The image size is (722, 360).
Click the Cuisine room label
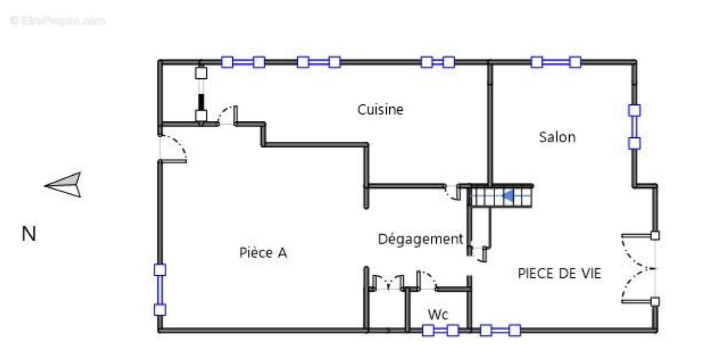pyautogui.click(x=380, y=110)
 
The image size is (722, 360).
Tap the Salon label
pyautogui.click(x=557, y=137)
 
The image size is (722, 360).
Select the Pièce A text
pyautogui.click(x=263, y=253)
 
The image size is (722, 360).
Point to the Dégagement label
pyautogui.click(x=420, y=240)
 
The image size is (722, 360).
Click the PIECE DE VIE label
pyautogui.click(x=560, y=273)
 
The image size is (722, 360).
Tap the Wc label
pyautogui.click(x=438, y=314)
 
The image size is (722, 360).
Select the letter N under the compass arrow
pyautogui.click(x=29, y=234)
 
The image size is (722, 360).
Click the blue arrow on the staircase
pyautogui.click(x=508, y=196)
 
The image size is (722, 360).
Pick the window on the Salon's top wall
pyautogui.click(x=556, y=61)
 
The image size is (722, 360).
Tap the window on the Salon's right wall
pyautogui.click(x=634, y=126)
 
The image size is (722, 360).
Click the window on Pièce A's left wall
pyautogui.click(x=160, y=290)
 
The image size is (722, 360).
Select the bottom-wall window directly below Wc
pyautogui.click(x=440, y=330)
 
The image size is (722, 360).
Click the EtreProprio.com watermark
pyautogui.click(x=57, y=20)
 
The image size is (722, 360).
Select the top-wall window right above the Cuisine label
pyautogui.click(x=319, y=61)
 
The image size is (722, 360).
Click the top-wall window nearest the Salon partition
pyautogui.click(x=437, y=61)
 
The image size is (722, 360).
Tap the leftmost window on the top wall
pyautogui.click(x=243, y=61)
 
